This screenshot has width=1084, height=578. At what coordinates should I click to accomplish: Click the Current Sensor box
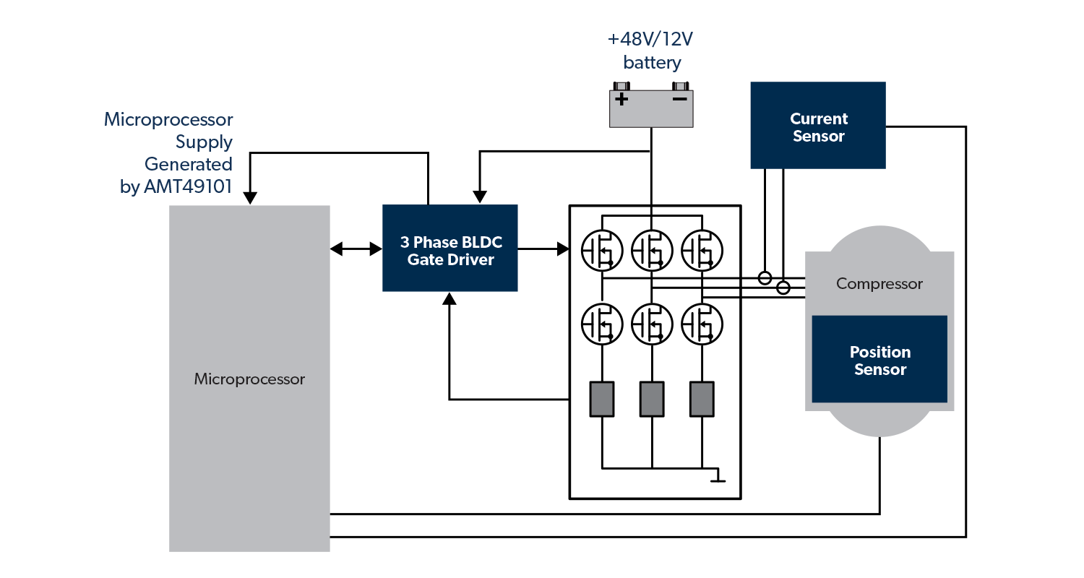pos(817,126)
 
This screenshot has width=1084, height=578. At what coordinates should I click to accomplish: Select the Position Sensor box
pos(879,359)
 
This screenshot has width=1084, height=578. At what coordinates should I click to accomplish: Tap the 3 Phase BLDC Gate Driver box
pos(449,248)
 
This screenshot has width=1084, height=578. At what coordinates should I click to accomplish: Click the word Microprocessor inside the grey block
pos(249,379)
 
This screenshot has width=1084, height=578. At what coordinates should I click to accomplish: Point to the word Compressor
pos(879,284)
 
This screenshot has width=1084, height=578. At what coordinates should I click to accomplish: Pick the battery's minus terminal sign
pos(679,98)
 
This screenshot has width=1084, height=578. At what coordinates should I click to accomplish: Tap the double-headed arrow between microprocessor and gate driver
pos(356,249)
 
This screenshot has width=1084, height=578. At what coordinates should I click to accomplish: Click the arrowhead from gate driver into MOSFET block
pos(564,249)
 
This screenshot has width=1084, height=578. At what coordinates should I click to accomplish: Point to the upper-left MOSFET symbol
pos(602,250)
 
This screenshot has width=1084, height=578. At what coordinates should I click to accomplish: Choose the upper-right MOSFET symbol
pos(702,250)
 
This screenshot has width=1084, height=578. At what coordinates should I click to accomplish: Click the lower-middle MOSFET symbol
pos(652,323)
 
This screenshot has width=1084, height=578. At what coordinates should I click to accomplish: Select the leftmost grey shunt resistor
pos(602,399)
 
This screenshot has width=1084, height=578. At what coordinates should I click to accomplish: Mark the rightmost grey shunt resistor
pos(702,399)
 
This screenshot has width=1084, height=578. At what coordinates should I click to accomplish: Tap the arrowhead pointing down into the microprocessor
pos(250,197)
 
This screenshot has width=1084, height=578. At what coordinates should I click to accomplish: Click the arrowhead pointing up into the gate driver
pos(449,298)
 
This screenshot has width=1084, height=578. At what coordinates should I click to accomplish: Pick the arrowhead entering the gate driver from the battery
pos(479,197)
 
